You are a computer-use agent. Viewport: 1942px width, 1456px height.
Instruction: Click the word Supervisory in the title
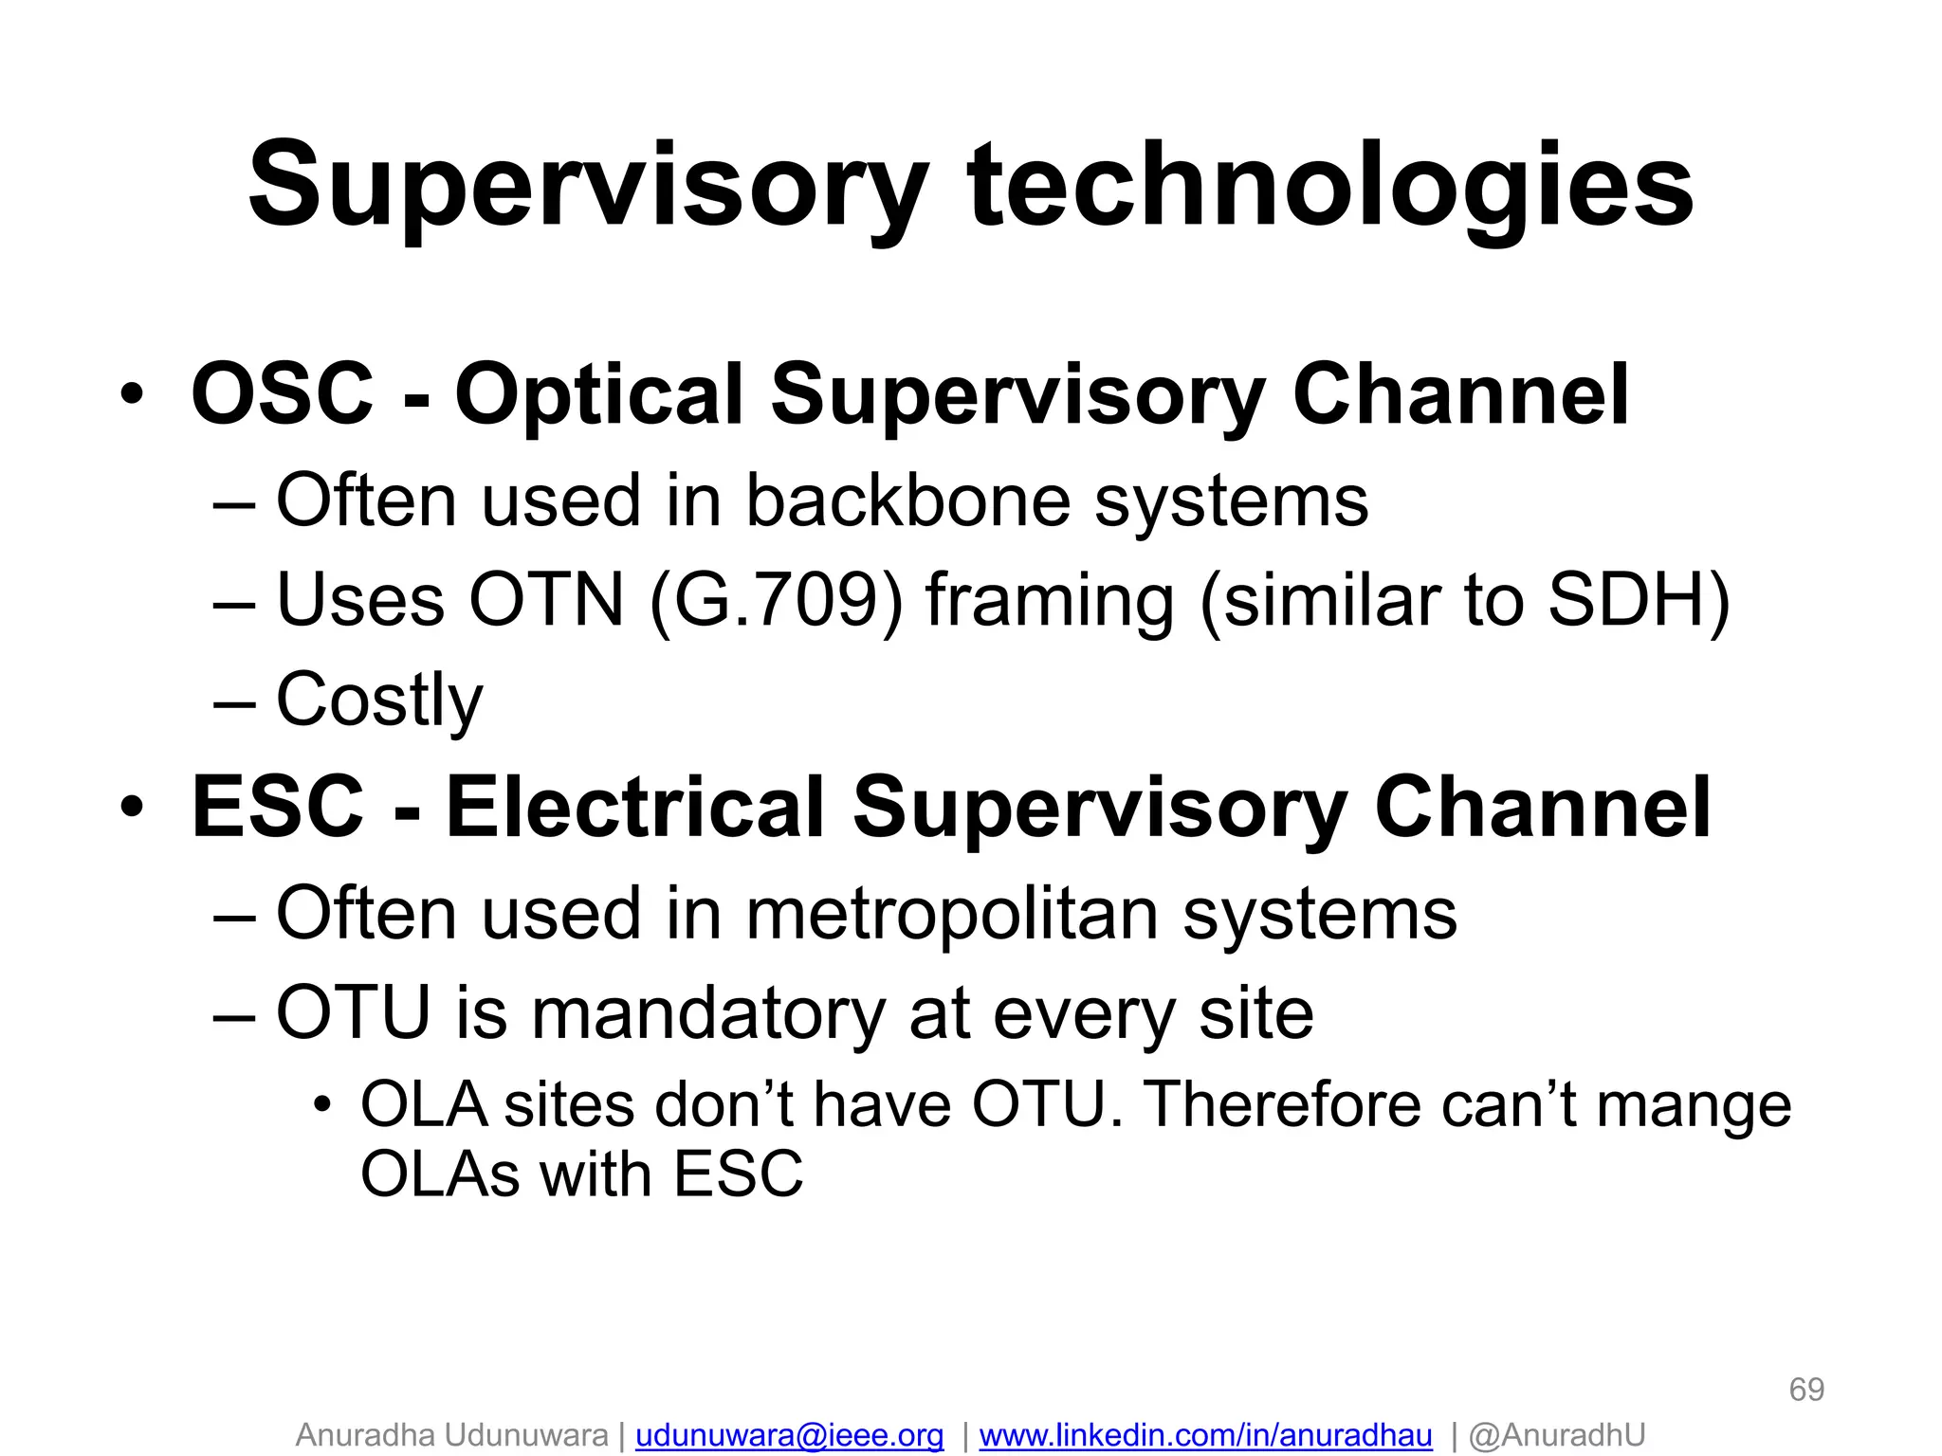tap(586, 187)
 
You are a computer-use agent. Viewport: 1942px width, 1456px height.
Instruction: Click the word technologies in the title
tap(1329, 187)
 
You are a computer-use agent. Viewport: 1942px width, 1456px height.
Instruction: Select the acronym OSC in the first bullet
tap(282, 393)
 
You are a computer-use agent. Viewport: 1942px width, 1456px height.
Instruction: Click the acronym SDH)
tap(1638, 601)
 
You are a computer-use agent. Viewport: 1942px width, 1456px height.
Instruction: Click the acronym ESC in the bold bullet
tap(277, 807)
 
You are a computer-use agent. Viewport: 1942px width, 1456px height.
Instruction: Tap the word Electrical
tap(634, 807)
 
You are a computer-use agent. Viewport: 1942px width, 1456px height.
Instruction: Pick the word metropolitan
tap(952, 915)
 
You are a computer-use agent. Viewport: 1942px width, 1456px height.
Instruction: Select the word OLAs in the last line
tap(440, 1174)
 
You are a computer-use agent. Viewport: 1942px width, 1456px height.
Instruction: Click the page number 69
tap(1805, 1390)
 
